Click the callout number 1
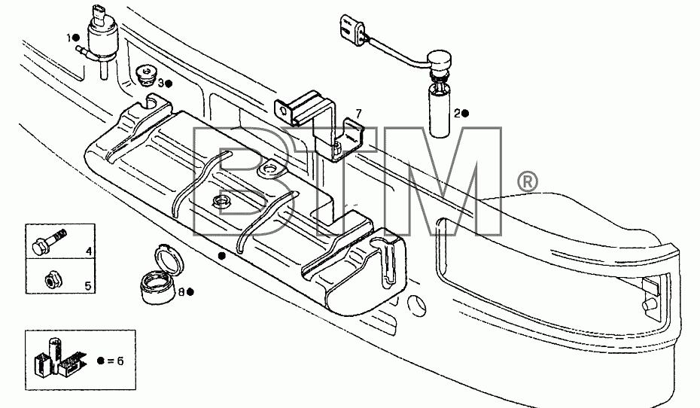(69, 38)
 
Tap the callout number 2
(457, 114)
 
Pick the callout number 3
(161, 83)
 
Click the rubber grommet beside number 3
(145, 76)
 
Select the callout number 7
(358, 114)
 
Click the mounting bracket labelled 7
(320, 126)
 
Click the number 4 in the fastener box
(89, 251)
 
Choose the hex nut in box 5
(53, 279)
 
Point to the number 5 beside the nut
(88, 286)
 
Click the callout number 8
(181, 292)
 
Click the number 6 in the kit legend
(120, 361)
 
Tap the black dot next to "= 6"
(100, 361)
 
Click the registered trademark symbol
(527, 183)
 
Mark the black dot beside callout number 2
(465, 114)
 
